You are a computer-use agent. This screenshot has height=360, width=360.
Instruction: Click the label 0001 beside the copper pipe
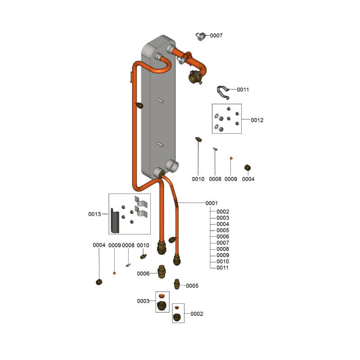[x=211, y=203]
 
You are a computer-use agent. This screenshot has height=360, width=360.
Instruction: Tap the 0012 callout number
[x=257, y=120]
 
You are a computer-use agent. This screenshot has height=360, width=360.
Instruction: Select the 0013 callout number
[x=94, y=214]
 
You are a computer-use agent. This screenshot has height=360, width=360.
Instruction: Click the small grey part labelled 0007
[x=201, y=36]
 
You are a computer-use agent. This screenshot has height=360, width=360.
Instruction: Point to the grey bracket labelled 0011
[x=222, y=91]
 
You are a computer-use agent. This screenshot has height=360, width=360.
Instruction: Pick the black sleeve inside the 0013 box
[x=116, y=220]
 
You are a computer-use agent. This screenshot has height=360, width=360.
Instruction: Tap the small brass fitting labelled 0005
[x=177, y=284]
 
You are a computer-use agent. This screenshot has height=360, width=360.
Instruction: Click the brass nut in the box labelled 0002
[x=178, y=317]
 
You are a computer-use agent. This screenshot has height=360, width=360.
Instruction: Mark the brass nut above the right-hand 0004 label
[x=247, y=168]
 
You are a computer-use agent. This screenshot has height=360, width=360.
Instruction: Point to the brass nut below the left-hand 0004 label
[x=99, y=282]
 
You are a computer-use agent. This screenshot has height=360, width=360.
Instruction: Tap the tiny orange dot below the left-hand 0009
[x=114, y=273]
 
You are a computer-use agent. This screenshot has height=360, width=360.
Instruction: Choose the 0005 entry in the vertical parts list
[x=223, y=230]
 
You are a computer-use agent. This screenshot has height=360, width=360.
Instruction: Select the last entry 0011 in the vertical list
[x=223, y=268]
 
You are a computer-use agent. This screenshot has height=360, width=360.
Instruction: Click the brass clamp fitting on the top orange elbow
[x=194, y=77]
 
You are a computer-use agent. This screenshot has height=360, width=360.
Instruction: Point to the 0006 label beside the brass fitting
[x=144, y=274]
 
